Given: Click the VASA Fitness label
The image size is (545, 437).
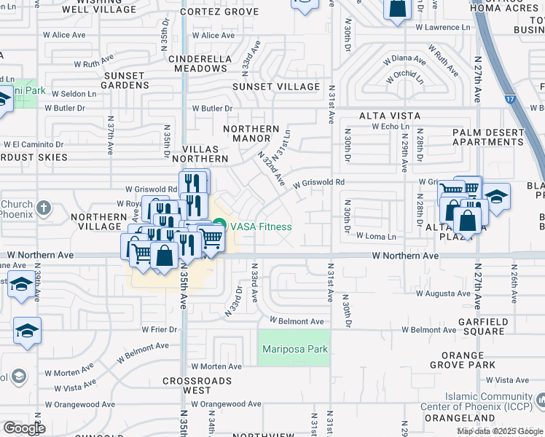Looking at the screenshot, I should [x=261, y=227].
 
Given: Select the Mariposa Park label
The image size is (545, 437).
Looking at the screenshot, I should [x=294, y=350].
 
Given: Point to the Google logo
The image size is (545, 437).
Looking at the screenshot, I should [x=24, y=428].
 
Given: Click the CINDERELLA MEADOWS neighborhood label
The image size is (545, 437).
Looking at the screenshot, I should [x=198, y=63].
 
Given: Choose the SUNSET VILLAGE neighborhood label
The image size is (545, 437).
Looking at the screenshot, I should [x=276, y=87].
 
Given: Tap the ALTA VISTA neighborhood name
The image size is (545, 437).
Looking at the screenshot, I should [x=389, y=116].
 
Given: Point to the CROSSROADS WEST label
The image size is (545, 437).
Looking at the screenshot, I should [x=197, y=385].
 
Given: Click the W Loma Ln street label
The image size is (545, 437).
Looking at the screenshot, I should [x=376, y=237].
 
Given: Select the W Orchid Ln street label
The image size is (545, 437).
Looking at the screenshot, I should [x=406, y=76].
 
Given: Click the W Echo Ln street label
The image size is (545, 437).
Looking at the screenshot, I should [x=396, y=127].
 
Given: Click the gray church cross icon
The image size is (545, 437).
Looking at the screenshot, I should [x=44, y=208].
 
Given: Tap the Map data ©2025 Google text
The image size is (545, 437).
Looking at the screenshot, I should [x=499, y=431].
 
